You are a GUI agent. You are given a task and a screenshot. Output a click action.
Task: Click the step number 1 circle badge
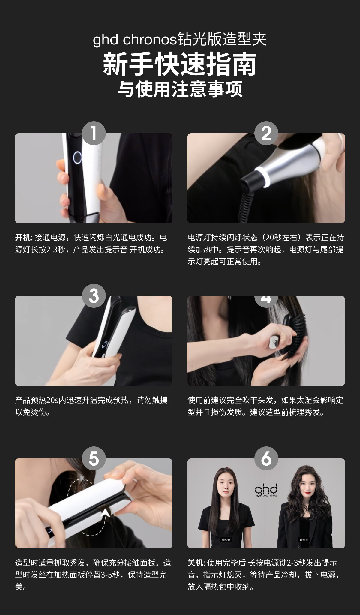tap(94, 133)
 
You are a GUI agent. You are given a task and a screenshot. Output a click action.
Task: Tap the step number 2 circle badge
tap(266, 133)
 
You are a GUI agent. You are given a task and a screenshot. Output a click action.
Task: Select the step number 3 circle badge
tap(94, 296)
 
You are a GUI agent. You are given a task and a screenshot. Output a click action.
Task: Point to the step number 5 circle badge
tap(94, 458)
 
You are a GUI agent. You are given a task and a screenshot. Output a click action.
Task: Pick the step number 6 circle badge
tap(266, 458)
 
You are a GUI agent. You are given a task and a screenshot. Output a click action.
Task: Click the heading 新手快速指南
tap(180, 64)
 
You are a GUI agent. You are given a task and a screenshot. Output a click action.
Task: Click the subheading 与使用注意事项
tap(180, 89)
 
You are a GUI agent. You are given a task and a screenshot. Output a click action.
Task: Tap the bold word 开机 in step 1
tap(23, 238)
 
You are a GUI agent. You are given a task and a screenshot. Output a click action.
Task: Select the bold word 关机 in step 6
tap(195, 563)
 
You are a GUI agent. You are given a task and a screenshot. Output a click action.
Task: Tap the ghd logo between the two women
tap(266, 490)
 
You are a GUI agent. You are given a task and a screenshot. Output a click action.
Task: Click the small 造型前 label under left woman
tap(226, 540)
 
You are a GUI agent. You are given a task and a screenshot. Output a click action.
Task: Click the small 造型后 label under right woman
tap(304, 540)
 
